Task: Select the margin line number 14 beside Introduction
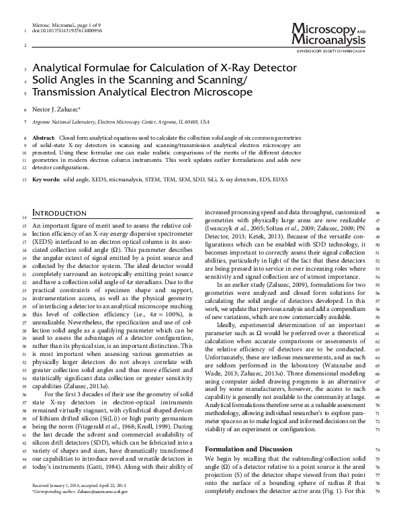point(25,218)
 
